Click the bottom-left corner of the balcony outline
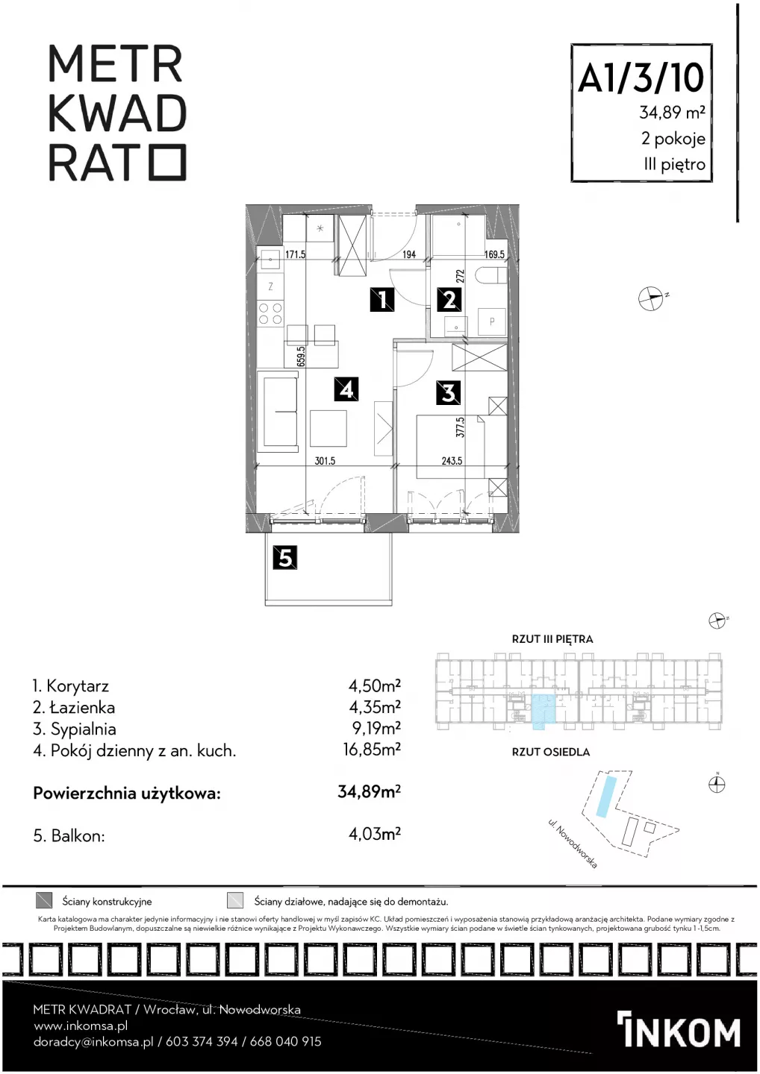click(265, 605)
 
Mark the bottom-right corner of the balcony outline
click(392, 605)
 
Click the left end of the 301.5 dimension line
click(256, 465)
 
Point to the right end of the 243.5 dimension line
click(507, 465)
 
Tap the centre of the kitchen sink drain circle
click(270, 260)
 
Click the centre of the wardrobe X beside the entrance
click(352, 245)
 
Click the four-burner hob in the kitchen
click(270, 313)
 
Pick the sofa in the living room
click(278, 411)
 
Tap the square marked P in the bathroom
click(492, 321)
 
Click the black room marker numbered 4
click(347, 389)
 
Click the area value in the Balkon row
click(375, 835)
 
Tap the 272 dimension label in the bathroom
click(460, 276)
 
